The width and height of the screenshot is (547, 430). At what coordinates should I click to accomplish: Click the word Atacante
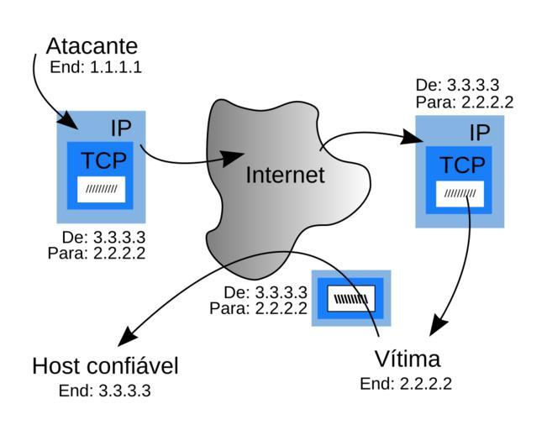tap(92, 45)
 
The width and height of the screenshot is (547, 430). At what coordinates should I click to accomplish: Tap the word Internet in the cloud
tap(285, 175)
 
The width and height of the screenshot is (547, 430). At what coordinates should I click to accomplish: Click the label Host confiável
tap(105, 366)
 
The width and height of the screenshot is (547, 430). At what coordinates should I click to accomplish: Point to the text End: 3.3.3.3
tap(105, 391)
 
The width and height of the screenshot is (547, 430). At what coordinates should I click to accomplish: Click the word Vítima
tap(407, 359)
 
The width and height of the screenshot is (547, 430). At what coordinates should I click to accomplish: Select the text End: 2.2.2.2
tap(406, 384)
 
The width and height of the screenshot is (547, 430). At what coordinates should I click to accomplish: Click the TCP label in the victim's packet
tap(463, 165)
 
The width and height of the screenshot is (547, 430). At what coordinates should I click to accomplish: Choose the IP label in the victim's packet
tap(480, 133)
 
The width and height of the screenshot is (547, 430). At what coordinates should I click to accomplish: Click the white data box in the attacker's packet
tap(102, 188)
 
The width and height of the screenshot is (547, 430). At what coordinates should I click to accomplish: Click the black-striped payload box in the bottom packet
tap(351, 298)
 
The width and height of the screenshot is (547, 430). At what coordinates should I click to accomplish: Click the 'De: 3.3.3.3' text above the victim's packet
tap(458, 87)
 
